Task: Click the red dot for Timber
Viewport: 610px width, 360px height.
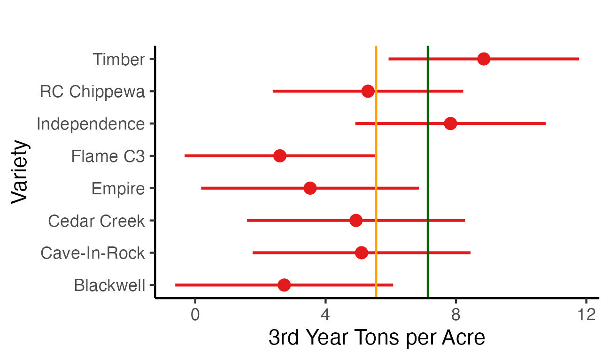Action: [484, 59]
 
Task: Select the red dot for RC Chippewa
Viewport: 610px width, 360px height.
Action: [368, 92]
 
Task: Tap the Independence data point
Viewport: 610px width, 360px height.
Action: [450, 124]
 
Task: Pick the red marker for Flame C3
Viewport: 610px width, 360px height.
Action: [280, 156]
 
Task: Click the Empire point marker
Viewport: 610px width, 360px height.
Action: [310, 188]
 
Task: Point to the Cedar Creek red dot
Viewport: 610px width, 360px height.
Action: [356, 221]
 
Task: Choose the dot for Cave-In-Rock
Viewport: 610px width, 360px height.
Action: [361, 253]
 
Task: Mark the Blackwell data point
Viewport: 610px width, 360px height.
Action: [284, 285]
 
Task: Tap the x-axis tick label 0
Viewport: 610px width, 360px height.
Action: [195, 314]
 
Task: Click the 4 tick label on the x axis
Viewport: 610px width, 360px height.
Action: [325, 314]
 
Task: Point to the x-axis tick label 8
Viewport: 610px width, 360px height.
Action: [456, 314]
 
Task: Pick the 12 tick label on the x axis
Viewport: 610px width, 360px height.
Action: [586, 314]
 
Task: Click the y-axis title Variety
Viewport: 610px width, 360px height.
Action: [20, 171]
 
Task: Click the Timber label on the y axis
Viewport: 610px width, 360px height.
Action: [118, 60]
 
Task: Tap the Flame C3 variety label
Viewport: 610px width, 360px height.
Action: [108, 156]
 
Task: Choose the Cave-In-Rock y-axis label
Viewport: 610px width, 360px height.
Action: [93, 253]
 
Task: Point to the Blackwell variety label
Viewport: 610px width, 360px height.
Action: [109, 285]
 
